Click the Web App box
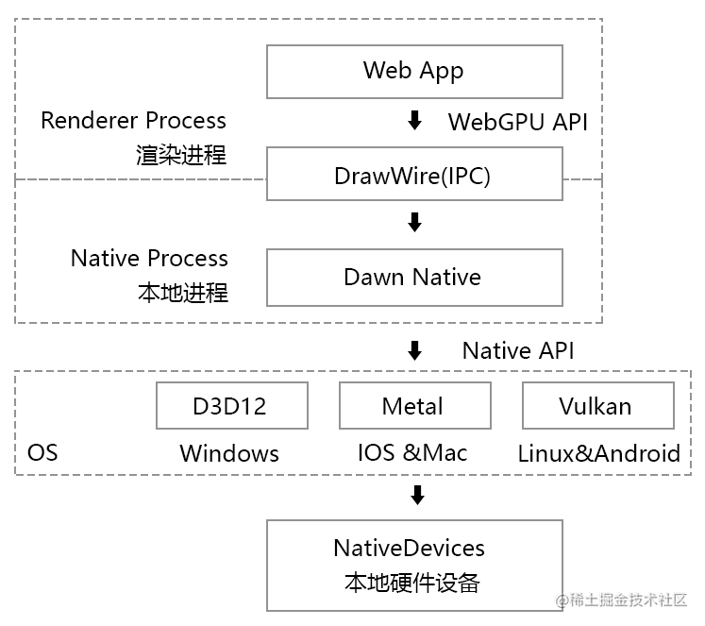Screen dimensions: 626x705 tap(414, 71)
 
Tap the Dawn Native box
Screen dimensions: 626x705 tap(414, 278)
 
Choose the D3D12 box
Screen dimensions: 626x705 tap(231, 406)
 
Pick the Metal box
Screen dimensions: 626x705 tap(413, 406)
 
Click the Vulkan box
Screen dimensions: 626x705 tap(597, 406)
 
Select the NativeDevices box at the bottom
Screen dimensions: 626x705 tap(414, 564)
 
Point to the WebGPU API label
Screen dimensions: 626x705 tap(517, 122)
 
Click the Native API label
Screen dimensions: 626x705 tap(517, 351)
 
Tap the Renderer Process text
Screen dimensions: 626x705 tap(134, 121)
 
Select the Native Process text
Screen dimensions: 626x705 tap(149, 259)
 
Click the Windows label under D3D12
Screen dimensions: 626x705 tap(229, 453)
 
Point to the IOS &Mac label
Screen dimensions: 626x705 tap(412, 453)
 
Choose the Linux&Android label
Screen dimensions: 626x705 tap(598, 453)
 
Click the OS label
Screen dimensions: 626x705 tap(42, 453)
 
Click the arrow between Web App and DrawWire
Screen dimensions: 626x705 tap(413, 121)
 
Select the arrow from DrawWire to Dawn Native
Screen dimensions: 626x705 tap(413, 223)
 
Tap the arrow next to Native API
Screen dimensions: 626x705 tap(413, 351)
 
